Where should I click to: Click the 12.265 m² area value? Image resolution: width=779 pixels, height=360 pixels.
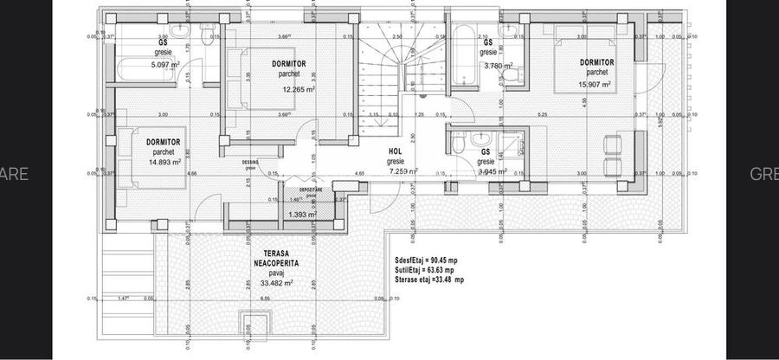point(297,88)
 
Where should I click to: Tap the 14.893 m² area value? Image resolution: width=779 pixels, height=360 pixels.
point(163,162)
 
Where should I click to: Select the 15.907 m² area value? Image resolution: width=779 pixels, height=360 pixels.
point(596,84)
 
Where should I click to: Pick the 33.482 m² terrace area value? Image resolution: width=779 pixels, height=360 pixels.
point(277,282)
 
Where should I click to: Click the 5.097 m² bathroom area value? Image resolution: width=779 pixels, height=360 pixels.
point(163,64)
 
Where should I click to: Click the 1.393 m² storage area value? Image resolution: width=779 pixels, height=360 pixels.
point(299,215)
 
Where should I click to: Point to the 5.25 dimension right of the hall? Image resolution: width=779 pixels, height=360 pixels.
point(543,114)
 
